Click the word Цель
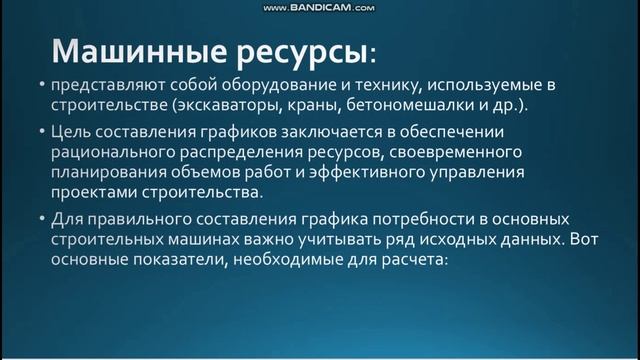(69, 132)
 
